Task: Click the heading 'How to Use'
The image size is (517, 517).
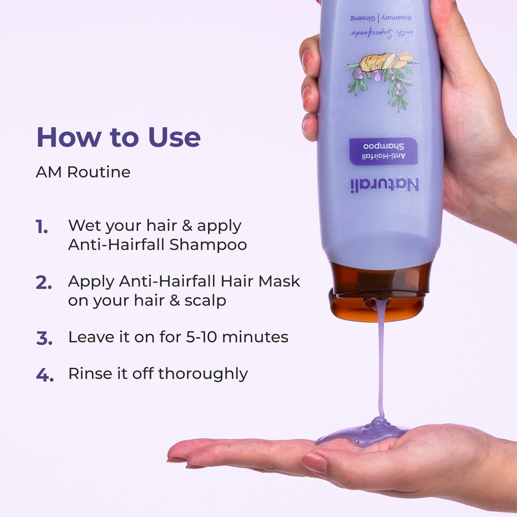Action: pyautogui.click(x=118, y=137)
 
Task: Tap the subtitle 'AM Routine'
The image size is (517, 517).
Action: pyautogui.click(x=83, y=172)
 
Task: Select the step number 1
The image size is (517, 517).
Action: pyautogui.click(x=41, y=227)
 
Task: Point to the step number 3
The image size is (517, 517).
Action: pyautogui.click(x=44, y=338)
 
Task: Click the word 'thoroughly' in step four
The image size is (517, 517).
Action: pyautogui.click(x=203, y=374)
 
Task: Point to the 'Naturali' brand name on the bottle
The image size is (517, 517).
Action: pyautogui.click(x=384, y=186)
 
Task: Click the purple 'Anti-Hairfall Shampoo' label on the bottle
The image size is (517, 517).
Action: pyautogui.click(x=384, y=151)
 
